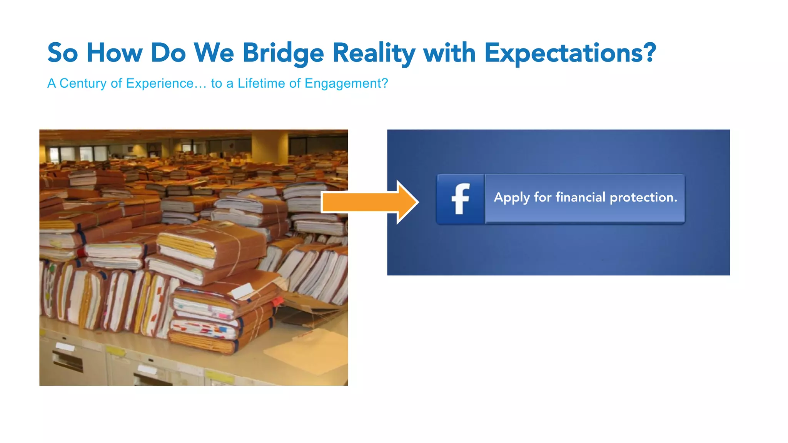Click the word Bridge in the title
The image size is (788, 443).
(x=283, y=53)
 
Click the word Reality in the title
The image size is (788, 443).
(x=374, y=53)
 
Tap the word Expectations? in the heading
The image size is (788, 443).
(x=570, y=53)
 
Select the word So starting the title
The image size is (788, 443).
(x=63, y=53)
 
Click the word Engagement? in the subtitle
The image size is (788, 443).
(x=346, y=83)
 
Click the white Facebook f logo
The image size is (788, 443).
(x=460, y=199)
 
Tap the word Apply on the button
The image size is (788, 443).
(x=512, y=198)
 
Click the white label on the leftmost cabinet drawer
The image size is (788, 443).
(x=65, y=347)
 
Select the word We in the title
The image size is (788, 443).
(x=214, y=53)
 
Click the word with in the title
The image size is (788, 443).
(x=449, y=53)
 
